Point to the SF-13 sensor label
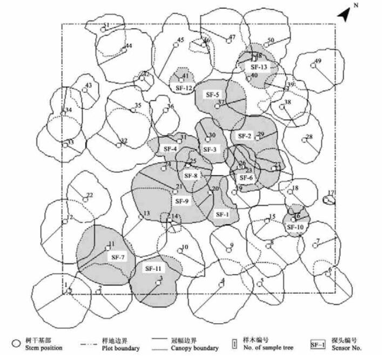tap(259, 67)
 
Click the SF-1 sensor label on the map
tap(222, 214)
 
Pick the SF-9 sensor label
tap(183, 201)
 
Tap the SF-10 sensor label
tap(295, 228)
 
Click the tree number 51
tap(106, 25)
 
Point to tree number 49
tap(318, 61)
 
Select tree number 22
tap(90, 195)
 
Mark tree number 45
tap(180, 40)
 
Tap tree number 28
tap(309, 137)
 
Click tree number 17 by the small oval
tap(331, 193)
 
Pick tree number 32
tap(124, 141)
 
